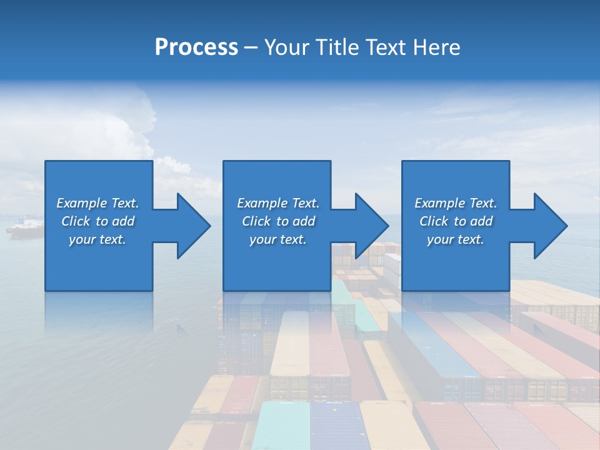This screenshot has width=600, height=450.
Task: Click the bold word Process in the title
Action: pyautogui.click(x=196, y=47)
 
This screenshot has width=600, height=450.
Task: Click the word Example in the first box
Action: pyautogui.click(x=82, y=203)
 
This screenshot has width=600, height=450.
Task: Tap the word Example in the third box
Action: pyautogui.click(x=440, y=203)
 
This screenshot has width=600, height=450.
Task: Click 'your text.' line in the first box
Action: pyautogui.click(x=97, y=239)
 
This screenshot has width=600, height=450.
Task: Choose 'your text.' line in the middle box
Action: pyautogui.click(x=278, y=239)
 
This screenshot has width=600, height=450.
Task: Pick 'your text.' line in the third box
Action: pyautogui.click(x=456, y=239)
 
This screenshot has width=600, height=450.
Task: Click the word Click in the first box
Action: pyautogui.click(x=76, y=221)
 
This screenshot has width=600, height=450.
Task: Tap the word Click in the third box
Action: pyautogui.click(x=434, y=221)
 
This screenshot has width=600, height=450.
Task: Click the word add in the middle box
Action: pyautogui.click(x=304, y=221)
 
